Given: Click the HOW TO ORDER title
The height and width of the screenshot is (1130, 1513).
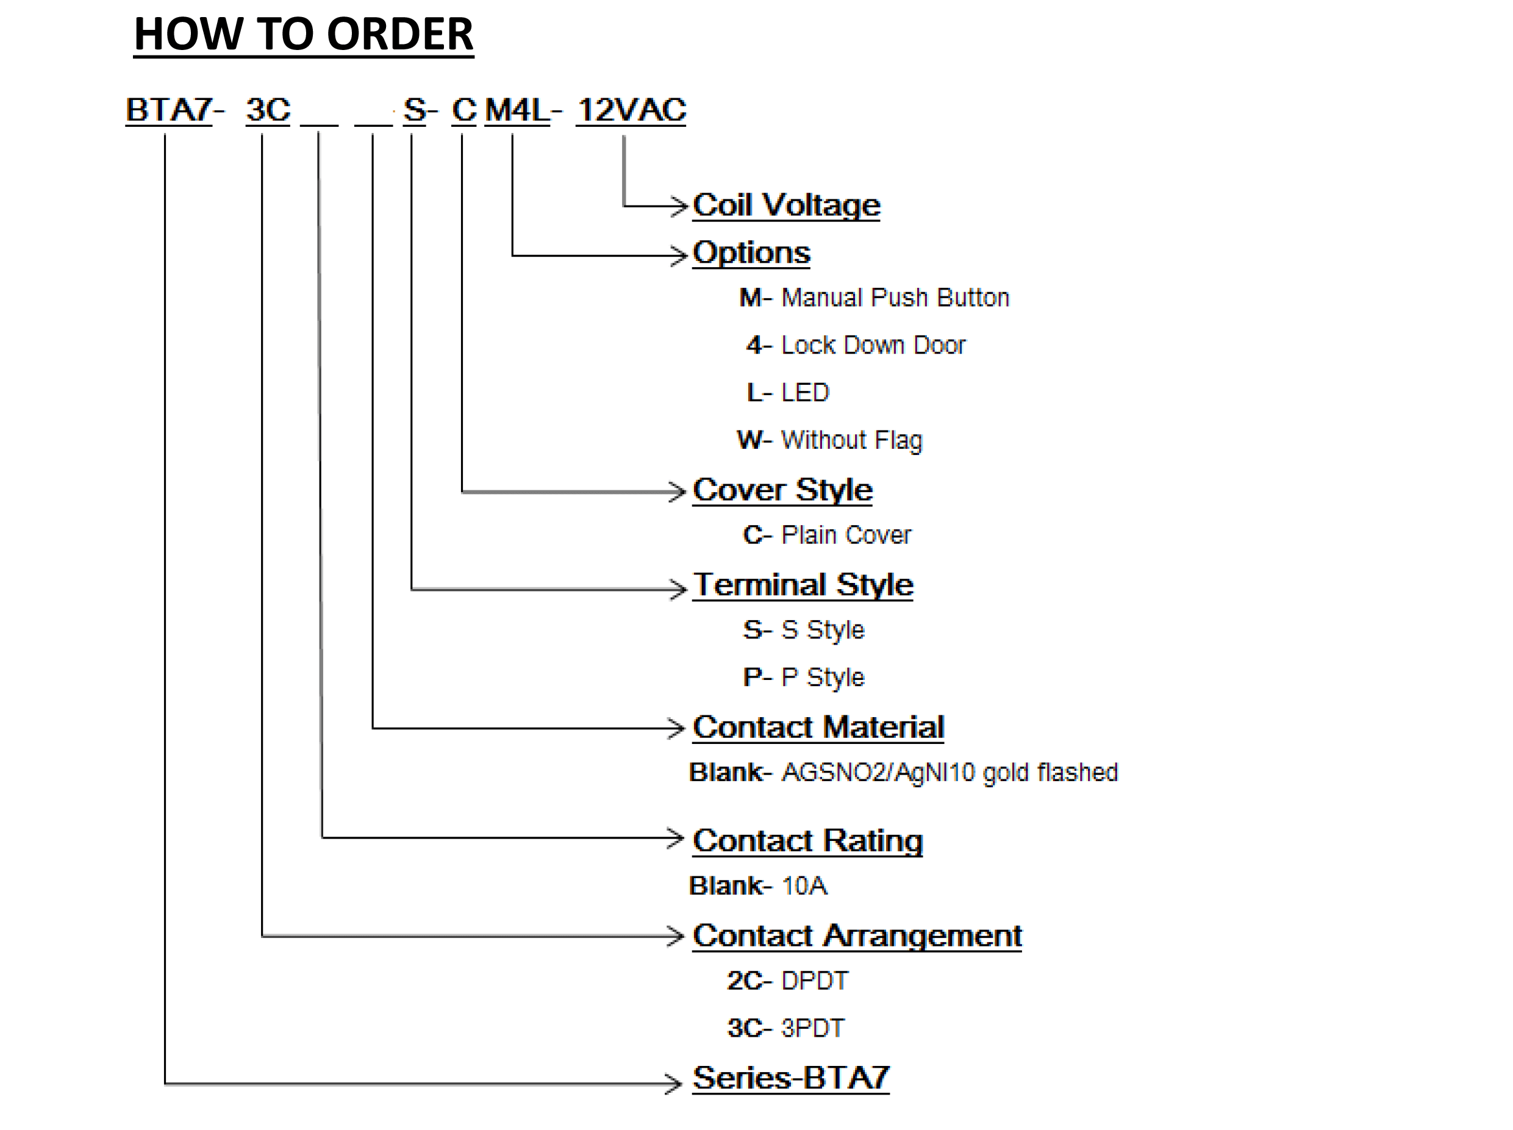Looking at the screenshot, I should (x=303, y=34).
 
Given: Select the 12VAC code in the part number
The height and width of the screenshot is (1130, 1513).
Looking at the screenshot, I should (x=631, y=110).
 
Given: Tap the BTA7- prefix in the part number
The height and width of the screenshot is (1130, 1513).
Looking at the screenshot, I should (x=174, y=110).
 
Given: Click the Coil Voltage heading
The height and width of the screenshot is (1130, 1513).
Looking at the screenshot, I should (x=786, y=206).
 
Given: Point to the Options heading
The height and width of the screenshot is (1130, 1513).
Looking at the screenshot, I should (x=751, y=253).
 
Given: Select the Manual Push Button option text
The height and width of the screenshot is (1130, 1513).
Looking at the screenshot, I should (x=895, y=298).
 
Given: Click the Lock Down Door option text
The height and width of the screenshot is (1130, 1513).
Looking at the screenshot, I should (x=873, y=345).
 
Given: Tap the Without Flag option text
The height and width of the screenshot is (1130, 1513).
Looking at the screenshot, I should (x=851, y=440).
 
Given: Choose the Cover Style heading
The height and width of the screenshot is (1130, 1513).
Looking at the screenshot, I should (x=782, y=490).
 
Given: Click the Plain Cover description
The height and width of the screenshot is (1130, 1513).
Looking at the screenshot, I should (x=846, y=535).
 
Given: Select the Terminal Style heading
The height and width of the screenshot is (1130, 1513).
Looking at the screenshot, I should (x=803, y=585).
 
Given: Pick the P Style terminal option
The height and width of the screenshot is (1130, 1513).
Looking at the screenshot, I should (x=822, y=677).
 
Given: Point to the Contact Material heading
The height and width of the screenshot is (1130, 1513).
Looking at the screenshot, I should (x=818, y=727).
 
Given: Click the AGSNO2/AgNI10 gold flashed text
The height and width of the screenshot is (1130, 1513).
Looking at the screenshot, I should (x=950, y=773).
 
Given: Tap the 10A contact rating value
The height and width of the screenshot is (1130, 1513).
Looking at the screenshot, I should (x=804, y=887).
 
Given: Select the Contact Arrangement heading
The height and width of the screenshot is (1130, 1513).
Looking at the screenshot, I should (x=857, y=935).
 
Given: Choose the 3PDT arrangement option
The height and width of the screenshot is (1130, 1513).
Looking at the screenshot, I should (x=812, y=1028).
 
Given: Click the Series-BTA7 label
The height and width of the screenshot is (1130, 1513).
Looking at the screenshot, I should (x=791, y=1079).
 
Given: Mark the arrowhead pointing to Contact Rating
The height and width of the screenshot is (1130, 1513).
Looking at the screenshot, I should (x=676, y=838).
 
